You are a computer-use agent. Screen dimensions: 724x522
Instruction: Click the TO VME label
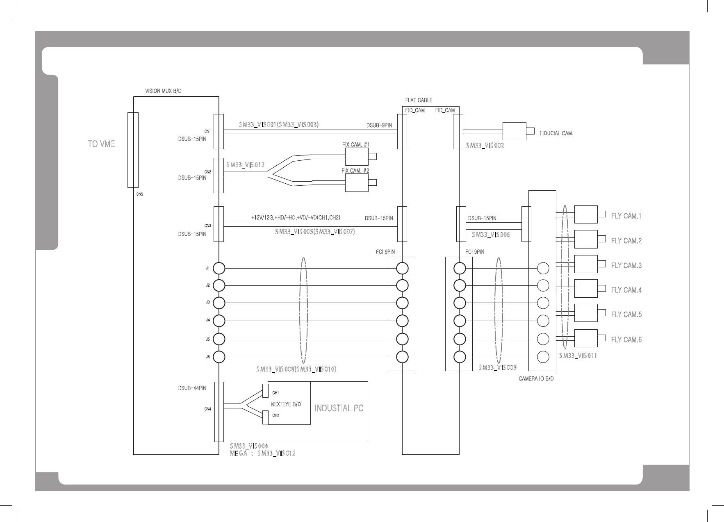(101, 144)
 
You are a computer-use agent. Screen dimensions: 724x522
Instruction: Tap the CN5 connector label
(140, 194)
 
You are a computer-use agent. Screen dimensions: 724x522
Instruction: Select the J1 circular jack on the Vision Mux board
(219, 269)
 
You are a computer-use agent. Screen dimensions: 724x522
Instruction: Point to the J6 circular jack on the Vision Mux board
(219, 357)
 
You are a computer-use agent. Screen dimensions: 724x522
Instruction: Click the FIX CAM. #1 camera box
(357, 157)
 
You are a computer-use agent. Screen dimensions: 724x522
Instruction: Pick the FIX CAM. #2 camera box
(357, 183)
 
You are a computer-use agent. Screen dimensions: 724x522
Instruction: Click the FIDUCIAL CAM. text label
(556, 133)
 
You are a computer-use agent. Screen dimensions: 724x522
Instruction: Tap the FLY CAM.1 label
(626, 216)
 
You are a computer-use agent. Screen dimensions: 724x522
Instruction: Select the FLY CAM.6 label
(626, 340)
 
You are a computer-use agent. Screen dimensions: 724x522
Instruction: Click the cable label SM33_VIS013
(245, 165)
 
